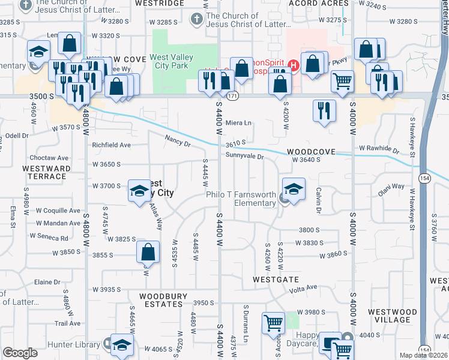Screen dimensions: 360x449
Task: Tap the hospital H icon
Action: point(294,64)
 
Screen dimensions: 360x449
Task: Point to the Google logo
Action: point(20,353)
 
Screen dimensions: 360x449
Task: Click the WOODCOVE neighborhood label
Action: point(310,152)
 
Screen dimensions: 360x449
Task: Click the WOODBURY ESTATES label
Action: point(161,300)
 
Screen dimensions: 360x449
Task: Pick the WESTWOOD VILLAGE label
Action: point(392,316)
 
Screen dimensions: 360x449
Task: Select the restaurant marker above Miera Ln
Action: point(323,110)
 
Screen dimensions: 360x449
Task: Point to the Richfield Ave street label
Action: point(111,145)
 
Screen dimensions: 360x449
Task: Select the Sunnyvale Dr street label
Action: point(245,155)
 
